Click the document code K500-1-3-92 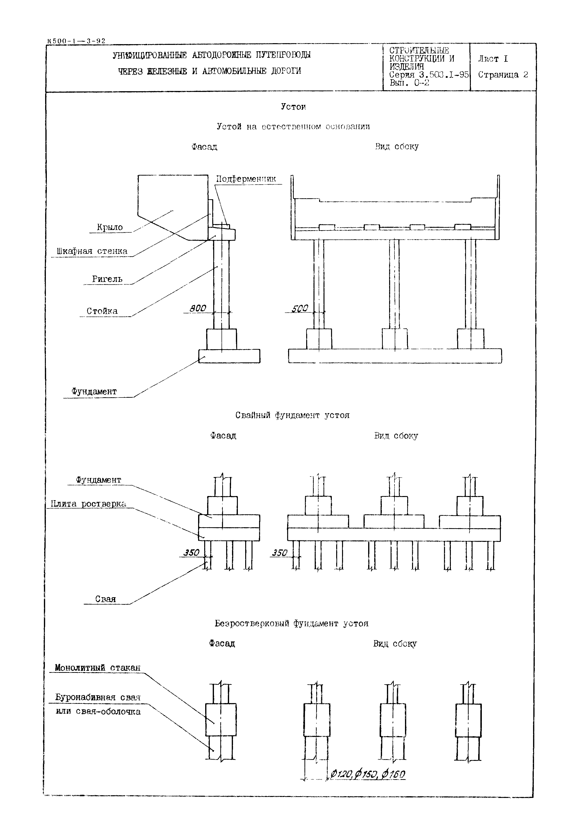76,41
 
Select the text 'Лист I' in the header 493,59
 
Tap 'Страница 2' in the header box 503,75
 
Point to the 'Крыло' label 110,228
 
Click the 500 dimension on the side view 300,309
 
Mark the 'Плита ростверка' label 88,504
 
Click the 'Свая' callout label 105,599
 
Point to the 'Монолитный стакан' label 97,668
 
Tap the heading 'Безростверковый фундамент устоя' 291,624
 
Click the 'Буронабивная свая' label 97,697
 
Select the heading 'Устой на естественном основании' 293,127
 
